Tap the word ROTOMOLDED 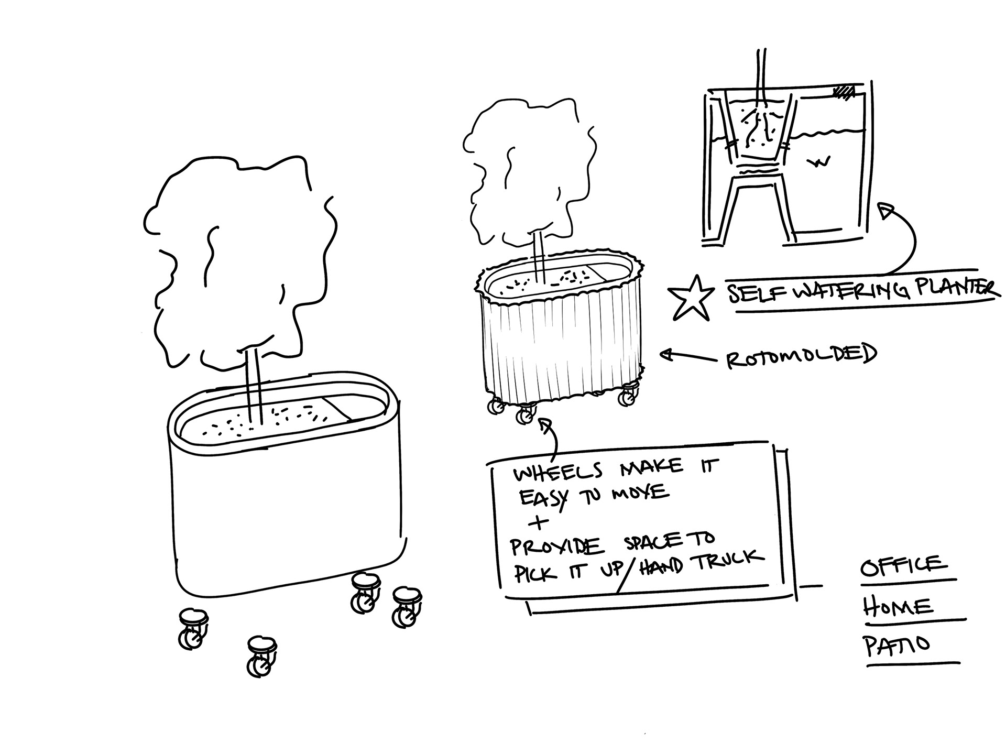(x=801, y=356)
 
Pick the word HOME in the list (x=898, y=607)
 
